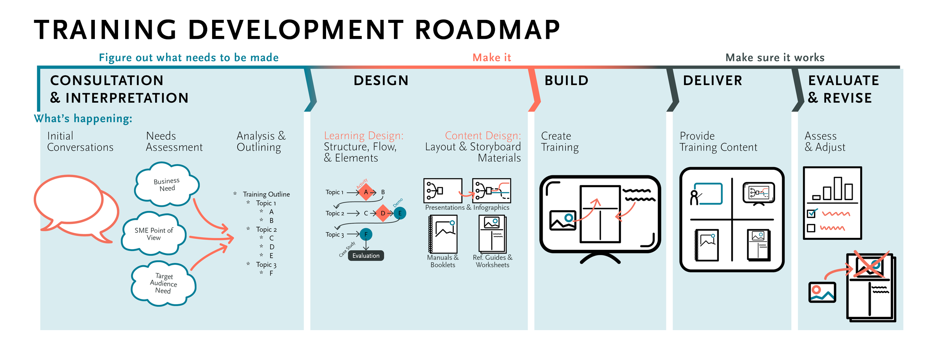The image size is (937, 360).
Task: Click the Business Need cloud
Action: point(167,184)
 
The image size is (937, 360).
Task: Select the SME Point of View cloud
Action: point(154,234)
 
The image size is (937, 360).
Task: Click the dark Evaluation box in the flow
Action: point(366,255)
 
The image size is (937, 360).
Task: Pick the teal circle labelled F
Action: point(366,235)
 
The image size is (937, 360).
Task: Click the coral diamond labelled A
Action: point(366,192)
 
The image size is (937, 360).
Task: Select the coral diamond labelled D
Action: point(383,213)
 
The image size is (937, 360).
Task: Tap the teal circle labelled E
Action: point(400,213)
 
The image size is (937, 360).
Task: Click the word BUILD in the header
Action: point(566,81)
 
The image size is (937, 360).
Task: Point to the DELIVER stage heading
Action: point(712,81)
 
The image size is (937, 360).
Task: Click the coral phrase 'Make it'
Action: point(492,58)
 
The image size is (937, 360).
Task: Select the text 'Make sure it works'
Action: point(775,58)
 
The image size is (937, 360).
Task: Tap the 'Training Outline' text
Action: point(266,194)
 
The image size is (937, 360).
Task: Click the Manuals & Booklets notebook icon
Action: point(443,234)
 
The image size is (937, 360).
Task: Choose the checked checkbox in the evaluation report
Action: point(811,214)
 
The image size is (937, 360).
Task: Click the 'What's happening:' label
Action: point(83,118)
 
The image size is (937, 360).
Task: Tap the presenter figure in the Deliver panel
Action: point(695,197)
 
